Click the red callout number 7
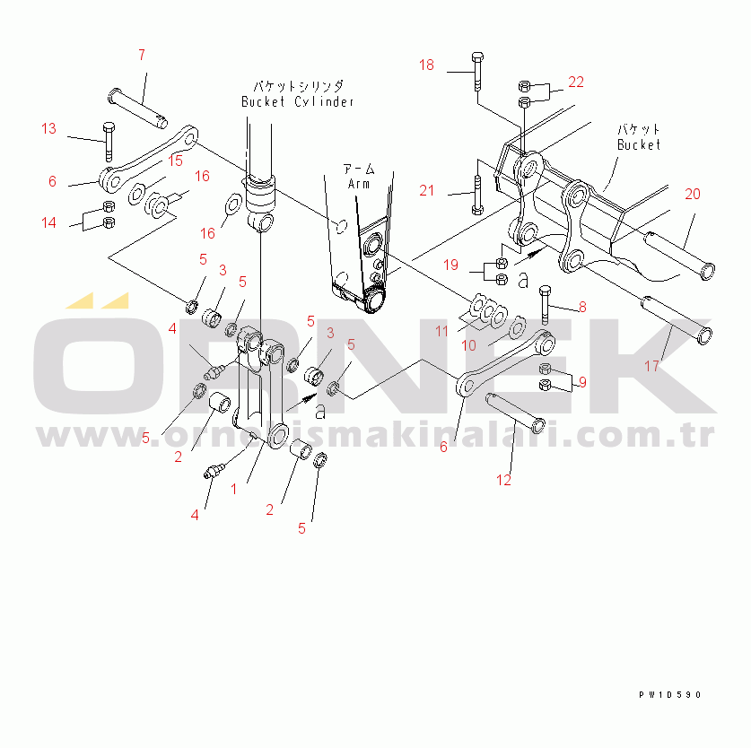[x=141, y=56]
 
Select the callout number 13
[x=48, y=128]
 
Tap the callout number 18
[x=426, y=65]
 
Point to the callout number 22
[x=575, y=82]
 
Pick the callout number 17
[x=651, y=366]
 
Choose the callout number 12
[x=504, y=480]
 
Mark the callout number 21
[x=426, y=190]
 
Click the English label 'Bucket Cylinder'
[x=297, y=101]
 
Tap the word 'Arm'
[x=360, y=183]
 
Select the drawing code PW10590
[x=670, y=694]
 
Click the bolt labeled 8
[x=545, y=305]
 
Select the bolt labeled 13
[x=109, y=139]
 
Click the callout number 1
[x=234, y=489]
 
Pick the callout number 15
[x=174, y=160]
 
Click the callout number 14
[x=48, y=222]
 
